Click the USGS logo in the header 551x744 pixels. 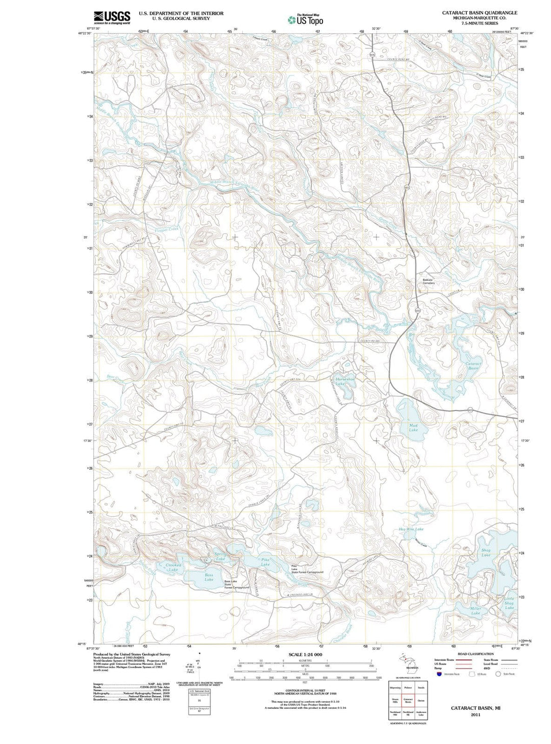pos(112,17)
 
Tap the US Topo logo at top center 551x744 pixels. pos(305,20)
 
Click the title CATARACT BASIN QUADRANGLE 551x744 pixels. pos(480,13)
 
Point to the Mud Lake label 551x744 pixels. pos(413,427)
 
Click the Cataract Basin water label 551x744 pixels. pos(473,366)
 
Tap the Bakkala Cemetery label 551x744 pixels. pos(428,281)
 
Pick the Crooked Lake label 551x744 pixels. pos(173,567)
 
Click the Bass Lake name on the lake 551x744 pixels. pos(209,577)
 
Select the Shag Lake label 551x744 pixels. pos(486,552)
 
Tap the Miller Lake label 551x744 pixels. pos(475,611)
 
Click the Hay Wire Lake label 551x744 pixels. pos(411,529)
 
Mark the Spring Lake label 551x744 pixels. pos(220,556)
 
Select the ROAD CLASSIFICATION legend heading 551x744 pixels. pos(475,653)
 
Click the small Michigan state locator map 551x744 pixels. pos(407,662)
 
